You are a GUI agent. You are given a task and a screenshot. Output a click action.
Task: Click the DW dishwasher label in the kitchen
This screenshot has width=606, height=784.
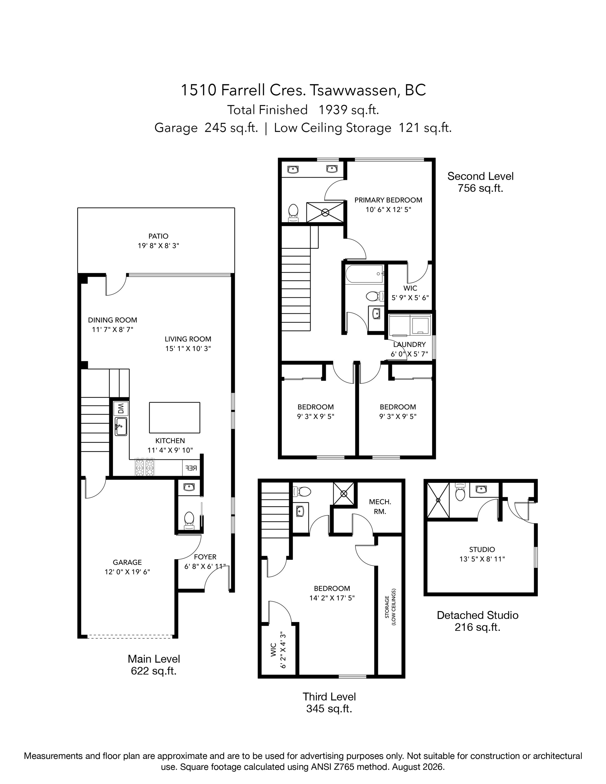[x=121, y=409]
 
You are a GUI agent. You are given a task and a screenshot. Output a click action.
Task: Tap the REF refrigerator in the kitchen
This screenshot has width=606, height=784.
[x=191, y=468]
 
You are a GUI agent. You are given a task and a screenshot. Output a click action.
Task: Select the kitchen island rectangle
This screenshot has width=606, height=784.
[x=175, y=418]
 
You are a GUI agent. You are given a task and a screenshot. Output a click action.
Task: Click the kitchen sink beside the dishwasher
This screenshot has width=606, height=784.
[x=121, y=426]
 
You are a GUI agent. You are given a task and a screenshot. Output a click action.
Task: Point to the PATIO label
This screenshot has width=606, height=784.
[x=158, y=236]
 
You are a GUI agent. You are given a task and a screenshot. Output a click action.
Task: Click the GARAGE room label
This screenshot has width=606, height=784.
[x=127, y=562]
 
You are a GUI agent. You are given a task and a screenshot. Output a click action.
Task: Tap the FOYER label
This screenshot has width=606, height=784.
[x=205, y=557]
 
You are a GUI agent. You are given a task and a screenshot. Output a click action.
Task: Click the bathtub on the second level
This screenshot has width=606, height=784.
[x=365, y=274]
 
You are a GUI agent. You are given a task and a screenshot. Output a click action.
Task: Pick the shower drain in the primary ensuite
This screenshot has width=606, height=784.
[x=325, y=213]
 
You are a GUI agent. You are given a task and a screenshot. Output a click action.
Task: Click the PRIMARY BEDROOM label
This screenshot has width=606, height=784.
[x=388, y=200]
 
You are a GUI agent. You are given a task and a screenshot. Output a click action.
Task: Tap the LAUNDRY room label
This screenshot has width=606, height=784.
[x=409, y=345]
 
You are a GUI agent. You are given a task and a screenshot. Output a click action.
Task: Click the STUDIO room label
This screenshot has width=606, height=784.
[x=482, y=549]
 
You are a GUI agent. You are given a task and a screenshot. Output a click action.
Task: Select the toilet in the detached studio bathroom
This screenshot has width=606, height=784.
[x=460, y=492]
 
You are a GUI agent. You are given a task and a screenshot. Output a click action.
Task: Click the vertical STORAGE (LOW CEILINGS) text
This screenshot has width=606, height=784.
[x=390, y=607]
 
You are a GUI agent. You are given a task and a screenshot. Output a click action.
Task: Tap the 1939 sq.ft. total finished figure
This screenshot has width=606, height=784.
[x=349, y=110]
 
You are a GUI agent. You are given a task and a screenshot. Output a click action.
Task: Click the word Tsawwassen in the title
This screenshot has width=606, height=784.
[x=354, y=90]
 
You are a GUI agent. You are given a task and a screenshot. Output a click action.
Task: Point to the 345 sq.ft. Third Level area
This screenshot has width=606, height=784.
[x=329, y=708]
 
